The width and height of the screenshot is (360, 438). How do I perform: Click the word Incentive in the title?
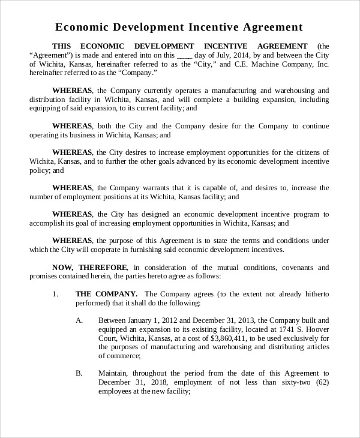[x=216, y=27]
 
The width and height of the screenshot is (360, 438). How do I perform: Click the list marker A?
[x=79, y=320]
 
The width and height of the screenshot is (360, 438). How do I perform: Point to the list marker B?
[x=79, y=373]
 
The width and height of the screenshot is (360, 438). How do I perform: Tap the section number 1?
[x=55, y=294]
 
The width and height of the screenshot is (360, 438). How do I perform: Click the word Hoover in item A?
[x=316, y=329]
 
